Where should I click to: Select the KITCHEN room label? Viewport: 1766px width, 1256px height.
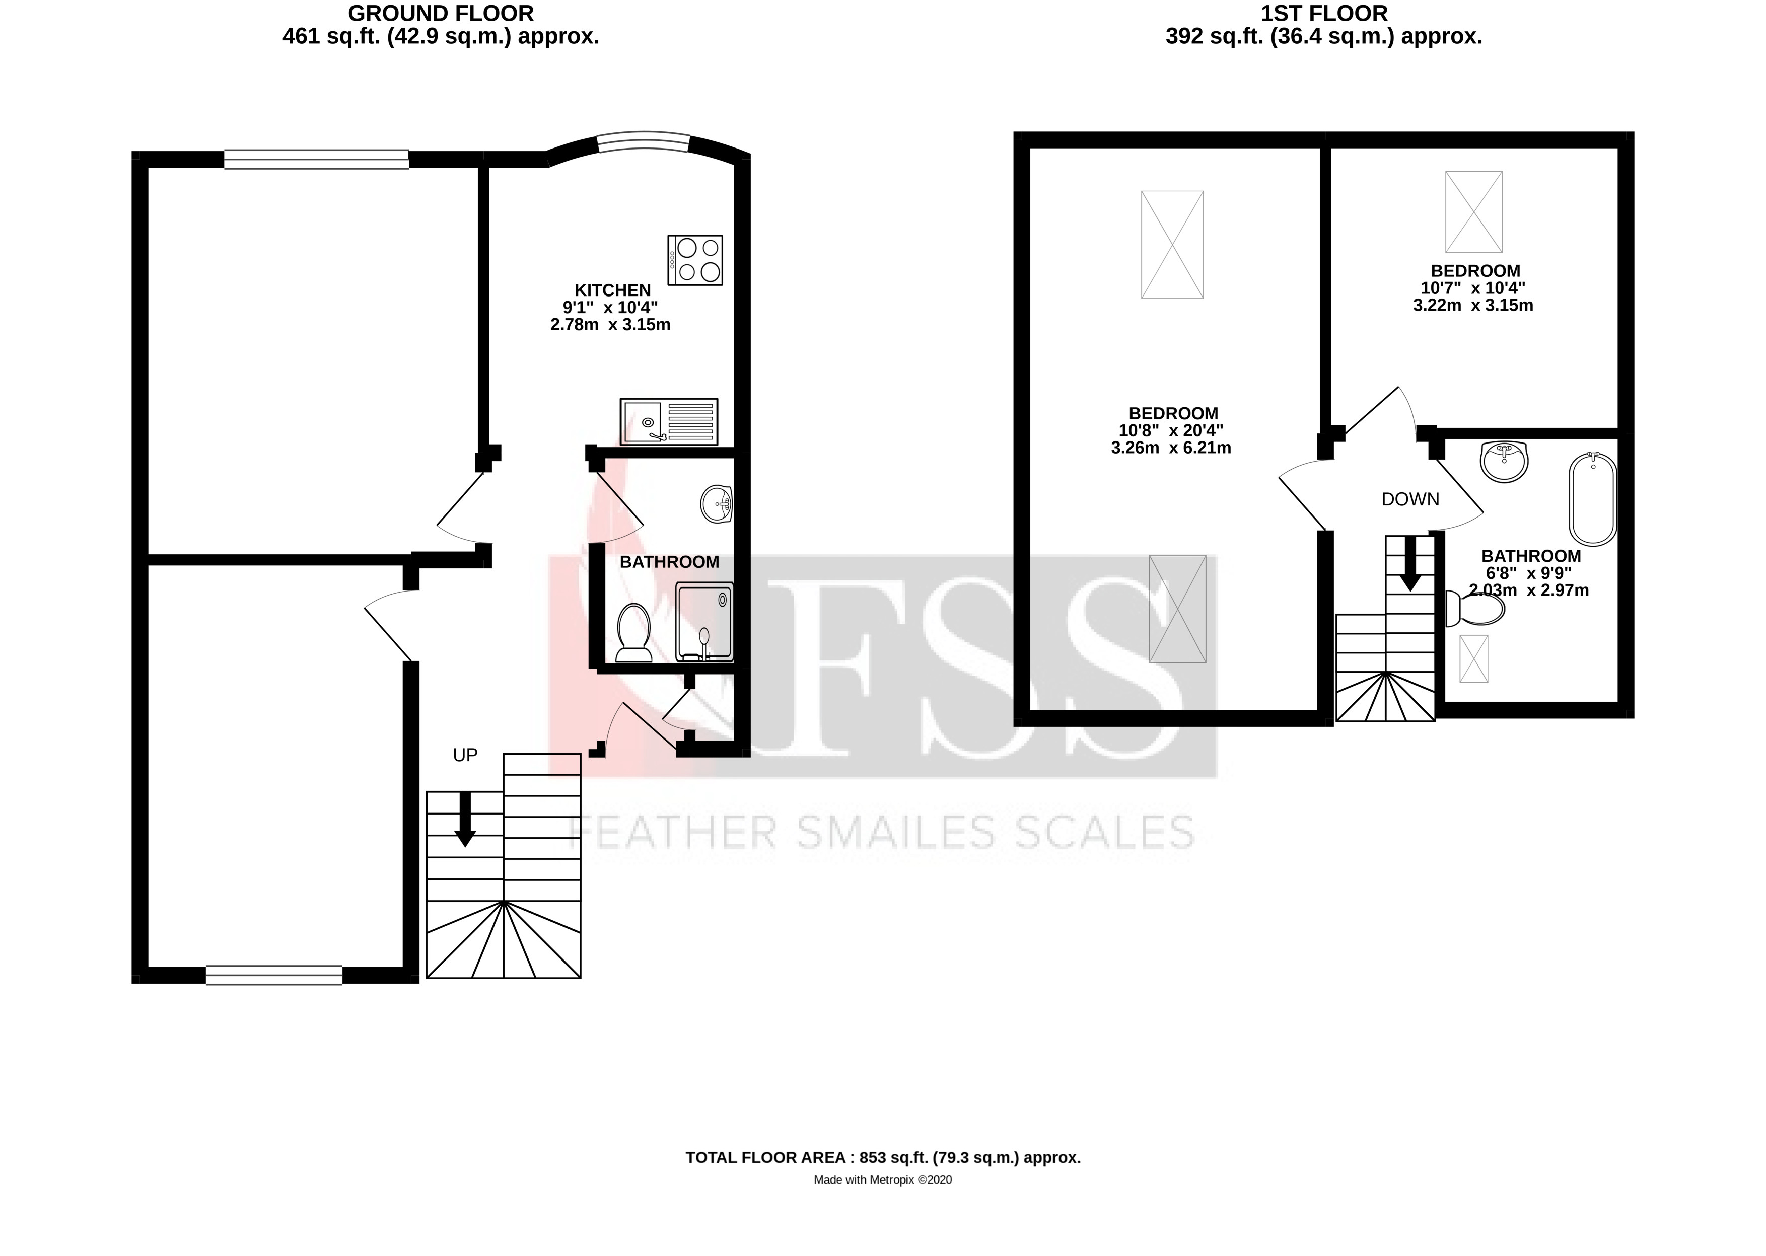coord(613,290)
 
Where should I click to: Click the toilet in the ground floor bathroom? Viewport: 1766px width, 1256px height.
coord(633,633)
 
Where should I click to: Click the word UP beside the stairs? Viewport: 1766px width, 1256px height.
coord(465,755)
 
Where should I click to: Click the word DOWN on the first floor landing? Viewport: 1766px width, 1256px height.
coord(1410,499)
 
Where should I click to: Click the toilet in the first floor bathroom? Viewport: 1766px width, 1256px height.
coord(1475,609)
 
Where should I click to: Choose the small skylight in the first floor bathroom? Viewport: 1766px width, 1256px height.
coord(1473,658)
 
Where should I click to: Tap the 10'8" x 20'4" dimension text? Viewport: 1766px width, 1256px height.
coord(1171,431)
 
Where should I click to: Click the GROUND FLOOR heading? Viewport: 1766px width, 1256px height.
coord(441,13)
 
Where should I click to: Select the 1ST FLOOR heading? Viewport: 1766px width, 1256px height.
coord(1323,13)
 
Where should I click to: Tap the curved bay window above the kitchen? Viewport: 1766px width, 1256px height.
coord(644,143)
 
